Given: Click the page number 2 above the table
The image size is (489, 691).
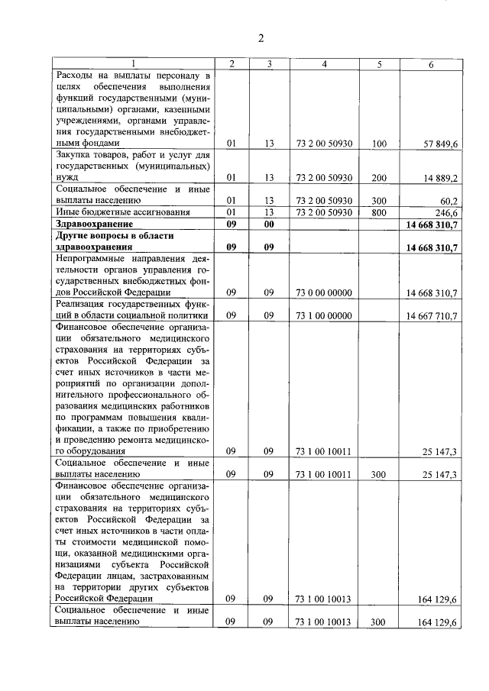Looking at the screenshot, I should [261, 38].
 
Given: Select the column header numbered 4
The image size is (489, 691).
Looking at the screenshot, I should [324, 64].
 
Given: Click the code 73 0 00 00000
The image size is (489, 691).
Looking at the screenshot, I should [324, 292].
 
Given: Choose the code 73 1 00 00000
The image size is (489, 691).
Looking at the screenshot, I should [324, 316].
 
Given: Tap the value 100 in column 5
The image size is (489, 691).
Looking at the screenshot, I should [379, 143].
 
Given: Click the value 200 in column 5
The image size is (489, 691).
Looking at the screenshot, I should [379, 177].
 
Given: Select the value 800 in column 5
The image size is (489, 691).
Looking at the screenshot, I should [379, 212].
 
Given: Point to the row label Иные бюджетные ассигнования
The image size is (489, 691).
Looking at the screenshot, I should [115, 212].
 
